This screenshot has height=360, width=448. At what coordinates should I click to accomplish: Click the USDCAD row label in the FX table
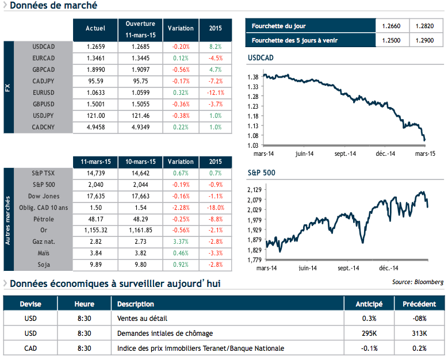click(x=44, y=47)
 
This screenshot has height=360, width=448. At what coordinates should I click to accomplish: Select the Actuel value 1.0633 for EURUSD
click(x=95, y=90)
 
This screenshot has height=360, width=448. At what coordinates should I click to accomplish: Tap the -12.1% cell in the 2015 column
click(x=216, y=90)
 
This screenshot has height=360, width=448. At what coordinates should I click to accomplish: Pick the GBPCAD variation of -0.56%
click(x=181, y=68)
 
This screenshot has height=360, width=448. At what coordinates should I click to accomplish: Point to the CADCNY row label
click(x=44, y=127)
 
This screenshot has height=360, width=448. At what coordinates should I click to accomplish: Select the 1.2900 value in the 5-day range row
click(x=426, y=40)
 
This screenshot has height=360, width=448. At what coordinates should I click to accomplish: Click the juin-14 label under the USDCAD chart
click(x=304, y=154)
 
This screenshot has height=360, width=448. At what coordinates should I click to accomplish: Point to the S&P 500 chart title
click(x=261, y=172)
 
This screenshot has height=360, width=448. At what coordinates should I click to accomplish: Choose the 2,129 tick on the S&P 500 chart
click(x=254, y=190)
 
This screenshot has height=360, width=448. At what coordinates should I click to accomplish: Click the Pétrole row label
click(x=44, y=219)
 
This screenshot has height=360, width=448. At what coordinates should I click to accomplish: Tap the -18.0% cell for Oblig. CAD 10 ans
click(x=216, y=207)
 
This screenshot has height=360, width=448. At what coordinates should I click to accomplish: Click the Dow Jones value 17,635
click(x=95, y=196)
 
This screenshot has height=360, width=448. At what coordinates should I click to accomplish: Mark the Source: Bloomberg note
click(x=418, y=282)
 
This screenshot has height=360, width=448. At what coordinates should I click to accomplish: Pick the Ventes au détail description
click(x=142, y=319)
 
